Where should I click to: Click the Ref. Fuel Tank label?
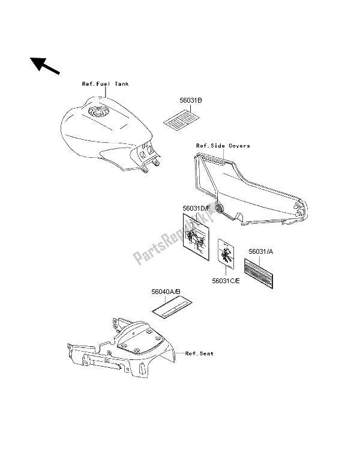105,84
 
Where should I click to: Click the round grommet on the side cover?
220,209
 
